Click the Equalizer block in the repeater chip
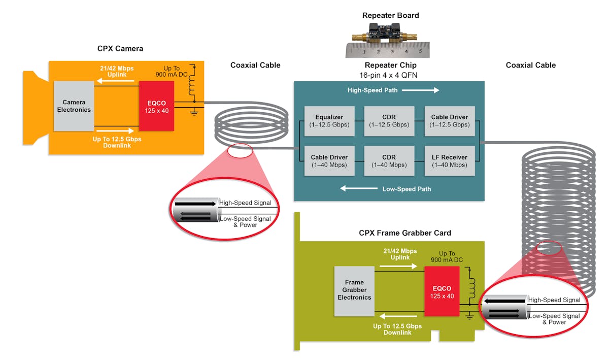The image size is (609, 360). coord(324,121)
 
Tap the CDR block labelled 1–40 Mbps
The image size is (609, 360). coord(385,161)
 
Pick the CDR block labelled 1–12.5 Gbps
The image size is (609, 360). coord(385,121)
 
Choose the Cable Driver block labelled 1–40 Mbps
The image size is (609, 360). coord(324,161)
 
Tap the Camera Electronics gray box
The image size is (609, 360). coord(74,106)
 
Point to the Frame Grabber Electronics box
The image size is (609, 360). coord(354,290)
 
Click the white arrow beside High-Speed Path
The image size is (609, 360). coord(426,90)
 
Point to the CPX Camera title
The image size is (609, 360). coord(120,49)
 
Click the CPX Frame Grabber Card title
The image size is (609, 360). coord(405,233)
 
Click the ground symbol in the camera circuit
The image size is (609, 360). coord(193,112)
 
